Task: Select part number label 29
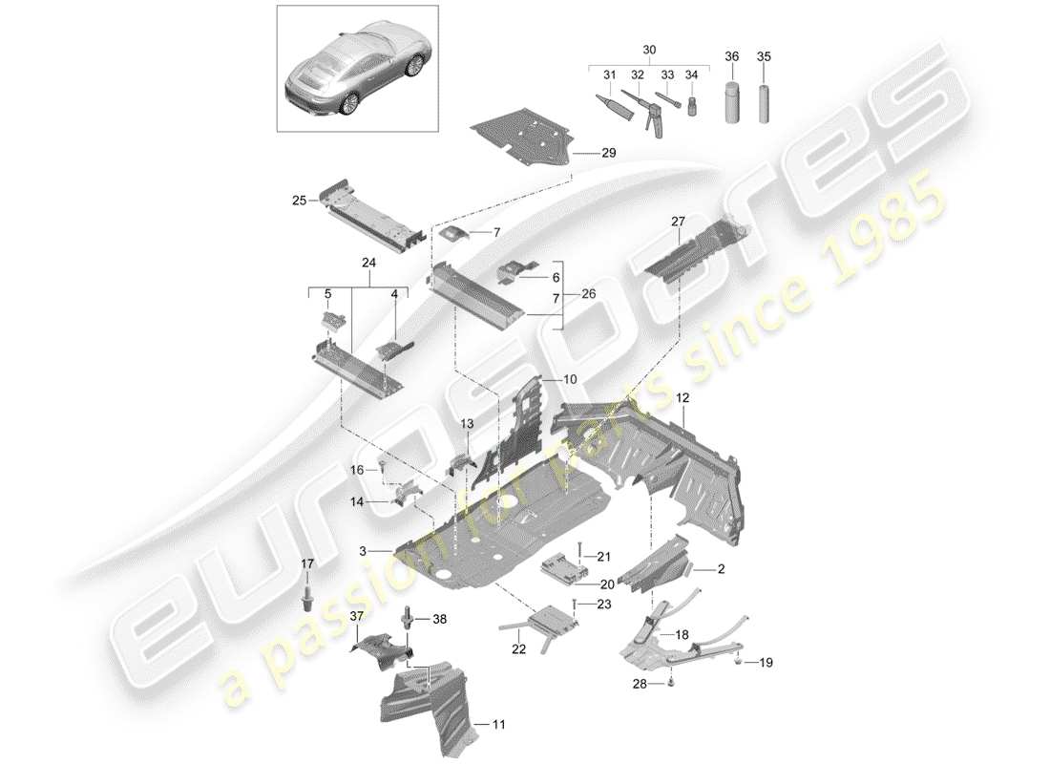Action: tap(609, 153)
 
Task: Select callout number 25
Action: tap(299, 201)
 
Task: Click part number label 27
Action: tap(679, 222)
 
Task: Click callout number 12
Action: tap(683, 395)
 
